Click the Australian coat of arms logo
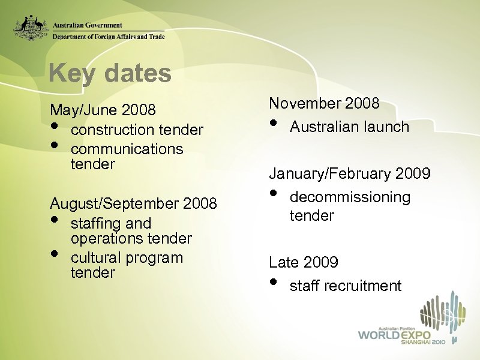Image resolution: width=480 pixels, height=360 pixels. (31, 28)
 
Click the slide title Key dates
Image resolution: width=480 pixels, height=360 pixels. (110, 74)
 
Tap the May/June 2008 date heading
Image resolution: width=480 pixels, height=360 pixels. (103, 110)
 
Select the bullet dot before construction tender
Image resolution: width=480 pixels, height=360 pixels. (55, 127)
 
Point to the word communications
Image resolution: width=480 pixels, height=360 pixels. (127, 148)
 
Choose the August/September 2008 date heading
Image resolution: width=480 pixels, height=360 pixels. (133, 203)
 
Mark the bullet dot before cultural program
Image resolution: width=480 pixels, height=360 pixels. (55, 254)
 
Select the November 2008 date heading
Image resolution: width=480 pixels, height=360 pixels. (324, 103)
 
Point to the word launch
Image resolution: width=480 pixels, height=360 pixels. (386, 127)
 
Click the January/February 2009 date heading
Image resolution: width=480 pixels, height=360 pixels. (349, 174)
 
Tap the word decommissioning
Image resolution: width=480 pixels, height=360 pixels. (350, 197)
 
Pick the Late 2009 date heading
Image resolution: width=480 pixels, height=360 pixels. (304, 262)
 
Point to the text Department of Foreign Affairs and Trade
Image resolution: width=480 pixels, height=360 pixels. (108, 37)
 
